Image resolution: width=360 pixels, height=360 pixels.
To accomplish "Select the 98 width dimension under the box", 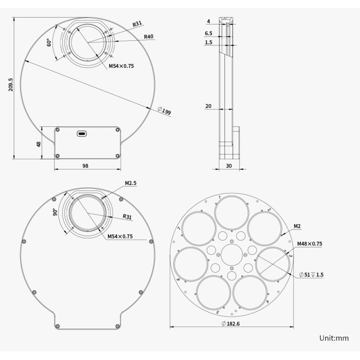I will point(85,166).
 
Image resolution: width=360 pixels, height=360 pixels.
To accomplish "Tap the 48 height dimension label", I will point(39,144).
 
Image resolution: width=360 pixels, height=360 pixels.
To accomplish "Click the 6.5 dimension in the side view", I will point(208,33).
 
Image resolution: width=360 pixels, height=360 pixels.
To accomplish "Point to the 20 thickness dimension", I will point(208,106).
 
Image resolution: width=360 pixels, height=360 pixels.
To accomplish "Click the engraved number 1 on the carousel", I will point(219,197).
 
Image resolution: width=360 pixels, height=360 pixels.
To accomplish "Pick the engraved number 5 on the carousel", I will point(218,311).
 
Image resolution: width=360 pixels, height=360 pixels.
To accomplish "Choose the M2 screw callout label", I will point(297,226).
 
